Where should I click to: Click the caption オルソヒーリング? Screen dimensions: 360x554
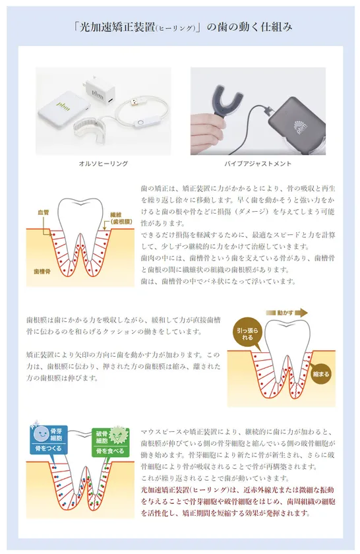pos(103,164)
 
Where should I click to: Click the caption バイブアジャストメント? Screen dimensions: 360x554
pos(258,164)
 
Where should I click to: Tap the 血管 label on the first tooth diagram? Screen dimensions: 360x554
pos(44,213)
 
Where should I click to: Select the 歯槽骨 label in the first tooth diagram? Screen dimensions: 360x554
pos(42,271)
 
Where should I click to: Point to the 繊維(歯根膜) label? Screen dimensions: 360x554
pos(121,218)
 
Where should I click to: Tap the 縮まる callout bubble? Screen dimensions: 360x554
pos(320,374)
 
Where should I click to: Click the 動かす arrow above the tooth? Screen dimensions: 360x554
pos(287,313)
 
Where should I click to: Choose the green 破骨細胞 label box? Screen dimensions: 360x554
pos(110,442)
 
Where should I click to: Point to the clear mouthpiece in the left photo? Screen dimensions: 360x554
pos(88,130)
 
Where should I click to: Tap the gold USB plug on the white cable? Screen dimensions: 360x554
pos(135,102)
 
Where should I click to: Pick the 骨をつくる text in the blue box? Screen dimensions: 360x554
pos(48,448)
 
